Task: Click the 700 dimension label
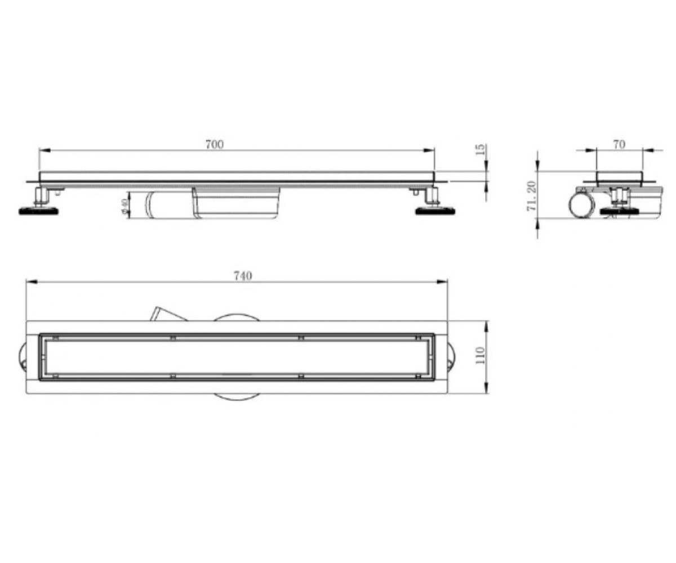215,144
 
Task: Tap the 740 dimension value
242,276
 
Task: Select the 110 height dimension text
480,355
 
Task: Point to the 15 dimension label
481,149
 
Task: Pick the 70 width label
619,145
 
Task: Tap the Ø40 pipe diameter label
123,206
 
